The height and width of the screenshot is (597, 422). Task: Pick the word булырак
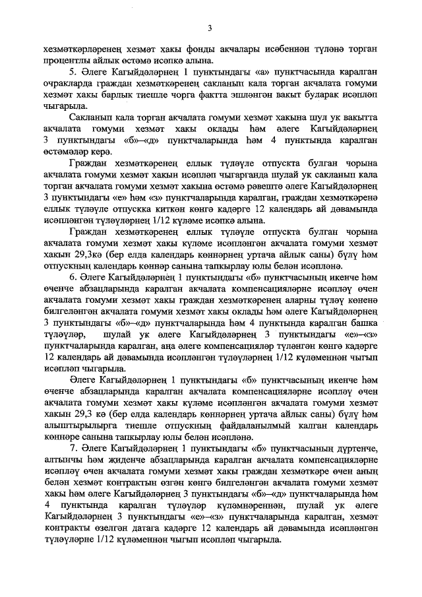tap(326, 93)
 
